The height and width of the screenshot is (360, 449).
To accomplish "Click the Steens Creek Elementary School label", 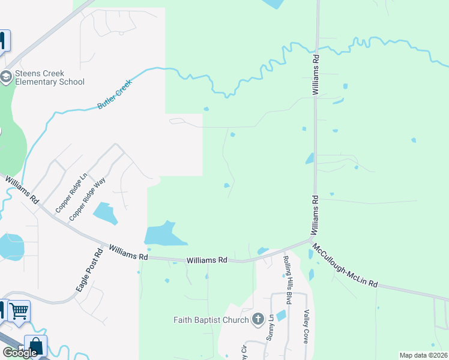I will click(x=49, y=77).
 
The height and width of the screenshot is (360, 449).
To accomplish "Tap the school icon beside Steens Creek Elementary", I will click(x=6, y=77).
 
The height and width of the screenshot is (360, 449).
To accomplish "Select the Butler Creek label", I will click(x=114, y=96).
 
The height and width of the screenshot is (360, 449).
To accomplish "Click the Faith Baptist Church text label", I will click(x=211, y=320).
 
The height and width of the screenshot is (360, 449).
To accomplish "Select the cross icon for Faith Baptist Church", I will click(x=258, y=319).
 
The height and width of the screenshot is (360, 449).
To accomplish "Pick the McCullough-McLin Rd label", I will click(x=345, y=265).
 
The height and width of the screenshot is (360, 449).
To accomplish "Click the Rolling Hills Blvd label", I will click(x=287, y=280).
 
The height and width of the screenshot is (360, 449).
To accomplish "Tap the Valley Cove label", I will click(x=306, y=326).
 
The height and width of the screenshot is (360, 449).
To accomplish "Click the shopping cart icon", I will click(x=19, y=311).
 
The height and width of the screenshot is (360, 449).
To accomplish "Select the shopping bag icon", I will click(x=35, y=346).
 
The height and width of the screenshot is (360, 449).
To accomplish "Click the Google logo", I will click(x=19, y=353).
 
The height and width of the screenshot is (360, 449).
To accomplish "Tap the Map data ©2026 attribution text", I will click(x=424, y=355).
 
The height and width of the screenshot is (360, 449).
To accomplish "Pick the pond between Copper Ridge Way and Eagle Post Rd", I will click(x=106, y=213).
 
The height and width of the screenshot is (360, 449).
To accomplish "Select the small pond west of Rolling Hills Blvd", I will click(x=280, y=315).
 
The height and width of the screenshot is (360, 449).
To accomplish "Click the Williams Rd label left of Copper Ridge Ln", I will click(x=23, y=189).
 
